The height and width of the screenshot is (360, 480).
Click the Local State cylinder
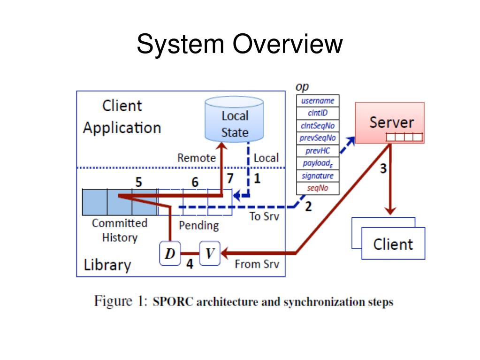coord(234,119)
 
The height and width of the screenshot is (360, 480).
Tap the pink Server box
coord(390,123)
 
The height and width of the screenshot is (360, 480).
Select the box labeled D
coord(170,253)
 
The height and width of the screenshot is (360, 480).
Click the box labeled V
coord(210,253)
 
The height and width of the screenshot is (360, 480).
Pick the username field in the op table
coord(318,101)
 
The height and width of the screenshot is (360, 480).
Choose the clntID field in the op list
coord(318,113)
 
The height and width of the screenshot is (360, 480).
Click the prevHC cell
coord(318,151)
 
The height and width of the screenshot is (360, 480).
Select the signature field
coord(318,176)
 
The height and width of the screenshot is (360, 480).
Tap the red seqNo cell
coord(318,188)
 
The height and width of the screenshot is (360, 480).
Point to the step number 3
coord(383,169)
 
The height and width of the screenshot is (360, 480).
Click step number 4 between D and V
coord(190,264)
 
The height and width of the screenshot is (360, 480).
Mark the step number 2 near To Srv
coord(308,207)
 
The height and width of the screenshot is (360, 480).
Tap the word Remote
coord(197,158)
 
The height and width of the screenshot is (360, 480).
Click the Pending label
coord(198,226)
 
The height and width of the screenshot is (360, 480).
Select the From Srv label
coord(257,264)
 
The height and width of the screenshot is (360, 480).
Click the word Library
coord(107,265)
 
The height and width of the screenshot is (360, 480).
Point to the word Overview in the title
coord(288,44)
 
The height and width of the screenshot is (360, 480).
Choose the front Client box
coord(393,244)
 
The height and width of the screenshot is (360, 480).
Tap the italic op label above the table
coord(302,87)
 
